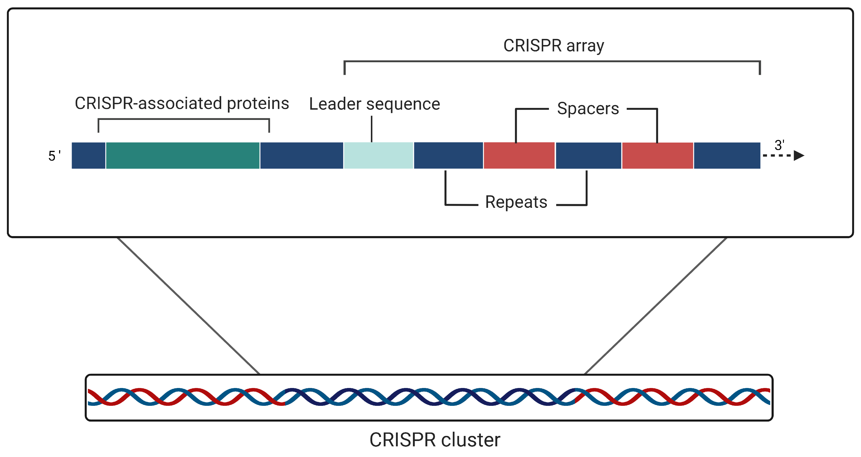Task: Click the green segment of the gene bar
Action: pos(182,155)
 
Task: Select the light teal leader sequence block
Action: pos(378,155)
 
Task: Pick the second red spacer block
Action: pos(657,155)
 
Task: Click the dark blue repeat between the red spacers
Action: pos(588,155)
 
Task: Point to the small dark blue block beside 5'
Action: pos(88,155)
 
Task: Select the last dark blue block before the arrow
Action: pos(727,155)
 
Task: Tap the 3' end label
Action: pos(779,145)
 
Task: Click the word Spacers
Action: pos(588,109)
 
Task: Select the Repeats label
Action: pos(516,202)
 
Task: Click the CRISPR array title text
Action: pos(553,46)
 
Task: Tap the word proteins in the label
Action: pos(258,103)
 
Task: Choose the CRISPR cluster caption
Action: pos(434,440)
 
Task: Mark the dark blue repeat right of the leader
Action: pos(448,155)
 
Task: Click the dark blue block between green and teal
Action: pos(301,155)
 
